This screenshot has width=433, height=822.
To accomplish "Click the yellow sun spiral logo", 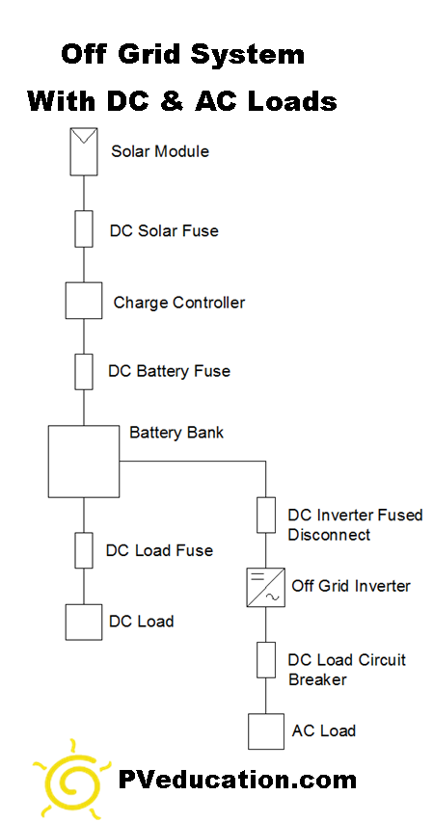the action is tap(70, 779).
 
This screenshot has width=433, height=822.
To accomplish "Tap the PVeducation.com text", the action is tap(236, 780).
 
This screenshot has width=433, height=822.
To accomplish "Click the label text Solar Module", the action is tap(160, 151).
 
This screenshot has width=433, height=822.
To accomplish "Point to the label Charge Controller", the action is tap(179, 303).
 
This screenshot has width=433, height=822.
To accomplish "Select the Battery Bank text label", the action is tap(176, 433).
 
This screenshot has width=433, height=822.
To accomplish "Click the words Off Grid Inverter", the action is tap(351, 586).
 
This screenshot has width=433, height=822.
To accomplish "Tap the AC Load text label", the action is tap(324, 730).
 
